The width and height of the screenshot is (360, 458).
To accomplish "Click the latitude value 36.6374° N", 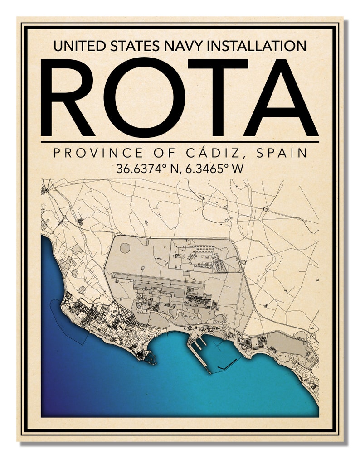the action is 146,169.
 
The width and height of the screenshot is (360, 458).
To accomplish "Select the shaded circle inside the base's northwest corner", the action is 125,249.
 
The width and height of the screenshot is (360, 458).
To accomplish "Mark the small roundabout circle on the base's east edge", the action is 243,262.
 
